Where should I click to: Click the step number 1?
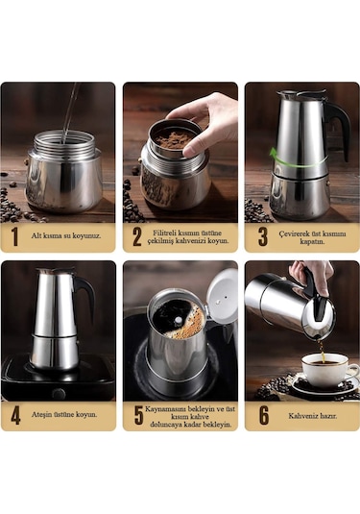pyautogui.click(x=14, y=236)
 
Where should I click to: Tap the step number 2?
pyautogui.click(x=136, y=236)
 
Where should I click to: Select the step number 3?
pyautogui.click(x=261, y=236)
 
